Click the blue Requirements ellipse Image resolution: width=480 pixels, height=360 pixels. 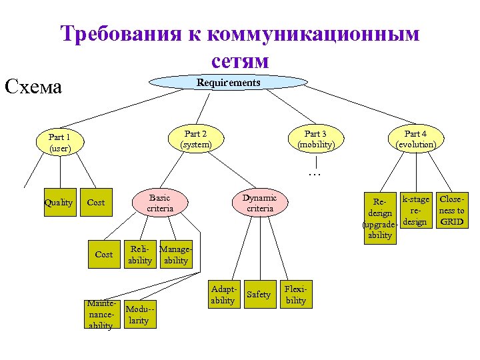click(228, 83)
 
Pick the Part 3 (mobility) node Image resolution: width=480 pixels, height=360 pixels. click(315, 139)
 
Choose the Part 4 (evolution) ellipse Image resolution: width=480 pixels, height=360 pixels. click(415, 139)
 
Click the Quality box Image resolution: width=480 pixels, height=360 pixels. click(58, 203)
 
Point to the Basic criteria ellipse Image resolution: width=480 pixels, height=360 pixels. click(160, 203)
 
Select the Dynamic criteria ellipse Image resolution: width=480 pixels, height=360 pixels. click(259, 203)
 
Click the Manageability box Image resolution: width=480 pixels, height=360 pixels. click(175, 255)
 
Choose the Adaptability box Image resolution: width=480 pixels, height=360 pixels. click(222, 295)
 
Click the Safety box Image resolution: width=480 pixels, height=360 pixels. click(259, 295)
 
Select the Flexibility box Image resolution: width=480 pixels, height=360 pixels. click(295, 295)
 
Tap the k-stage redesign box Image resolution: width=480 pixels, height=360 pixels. click(415, 210)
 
